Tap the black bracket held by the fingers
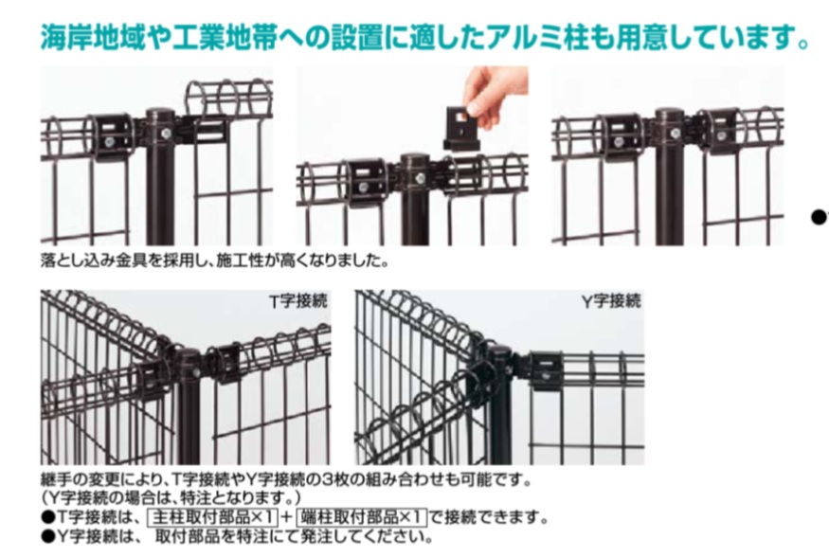click(461, 128)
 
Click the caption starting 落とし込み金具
click(214, 257)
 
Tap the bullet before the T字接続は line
click(46, 518)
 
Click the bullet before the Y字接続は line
click(46, 537)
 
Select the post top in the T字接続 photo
click(189, 357)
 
